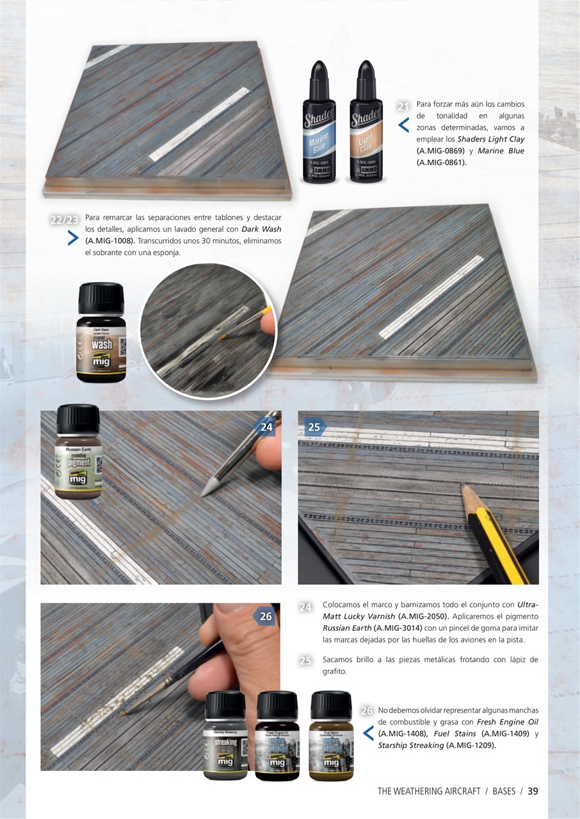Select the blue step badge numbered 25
(314, 427)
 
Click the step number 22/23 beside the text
(64, 220)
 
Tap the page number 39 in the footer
(533, 791)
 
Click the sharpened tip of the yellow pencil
(463, 489)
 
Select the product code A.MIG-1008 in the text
(110, 241)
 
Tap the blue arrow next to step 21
(403, 125)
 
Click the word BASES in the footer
(504, 791)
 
